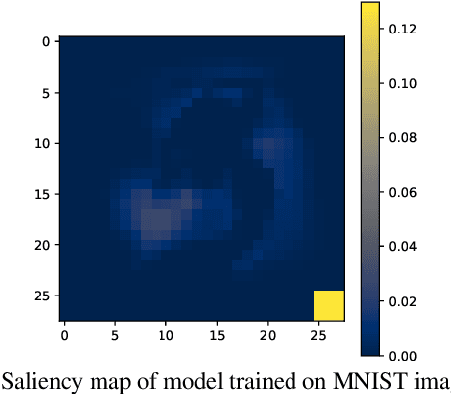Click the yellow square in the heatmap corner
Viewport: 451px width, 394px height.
point(328,305)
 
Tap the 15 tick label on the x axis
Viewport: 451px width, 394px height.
point(217,337)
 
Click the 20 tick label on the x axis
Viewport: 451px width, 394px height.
point(268,337)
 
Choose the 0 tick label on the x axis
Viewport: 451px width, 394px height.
point(64,337)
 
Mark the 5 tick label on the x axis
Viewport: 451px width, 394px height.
point(115,337)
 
